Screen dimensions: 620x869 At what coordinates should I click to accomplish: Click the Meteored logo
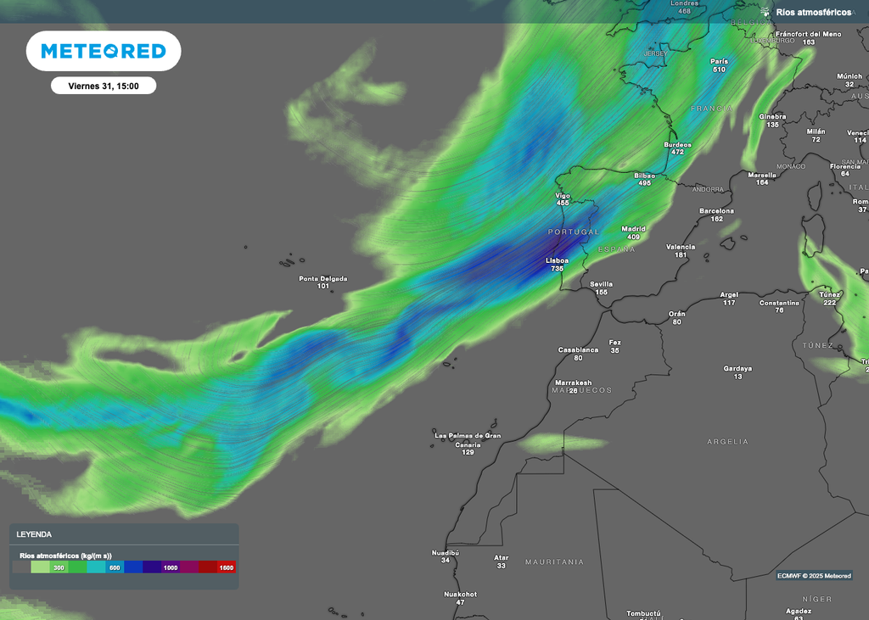click(104, 51)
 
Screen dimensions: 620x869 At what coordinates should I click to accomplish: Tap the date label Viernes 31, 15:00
click(104, 86)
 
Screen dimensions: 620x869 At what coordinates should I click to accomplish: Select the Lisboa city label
click(557, 260)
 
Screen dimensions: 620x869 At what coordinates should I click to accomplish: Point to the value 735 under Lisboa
click(557, 268)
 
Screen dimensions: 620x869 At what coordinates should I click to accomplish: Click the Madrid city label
click(633, 229)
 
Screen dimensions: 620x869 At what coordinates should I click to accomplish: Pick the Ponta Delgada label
click(322, 278)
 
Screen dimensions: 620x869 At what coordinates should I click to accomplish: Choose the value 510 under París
click(719, 70)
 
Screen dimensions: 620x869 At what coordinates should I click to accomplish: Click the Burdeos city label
click(677, 145)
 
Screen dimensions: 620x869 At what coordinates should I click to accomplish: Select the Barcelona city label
click(716, 211)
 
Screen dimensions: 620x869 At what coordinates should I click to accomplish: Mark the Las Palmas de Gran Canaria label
click(467, 440)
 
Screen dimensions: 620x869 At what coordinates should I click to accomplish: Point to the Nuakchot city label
click(460, 595)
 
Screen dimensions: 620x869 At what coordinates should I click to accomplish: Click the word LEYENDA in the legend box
click(34, 534)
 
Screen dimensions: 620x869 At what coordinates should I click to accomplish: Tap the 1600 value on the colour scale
click(227, 567)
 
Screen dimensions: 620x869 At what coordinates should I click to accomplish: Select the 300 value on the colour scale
click(59, 567)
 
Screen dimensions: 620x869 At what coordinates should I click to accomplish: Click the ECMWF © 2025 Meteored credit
click(814, 575)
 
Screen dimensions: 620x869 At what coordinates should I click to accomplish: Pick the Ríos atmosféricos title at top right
click(813, 13)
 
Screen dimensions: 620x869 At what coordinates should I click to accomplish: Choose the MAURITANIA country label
click(554, 562)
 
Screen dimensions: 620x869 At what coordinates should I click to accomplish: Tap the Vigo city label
click(563, 195)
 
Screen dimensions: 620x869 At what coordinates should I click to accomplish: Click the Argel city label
click(729, 295)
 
